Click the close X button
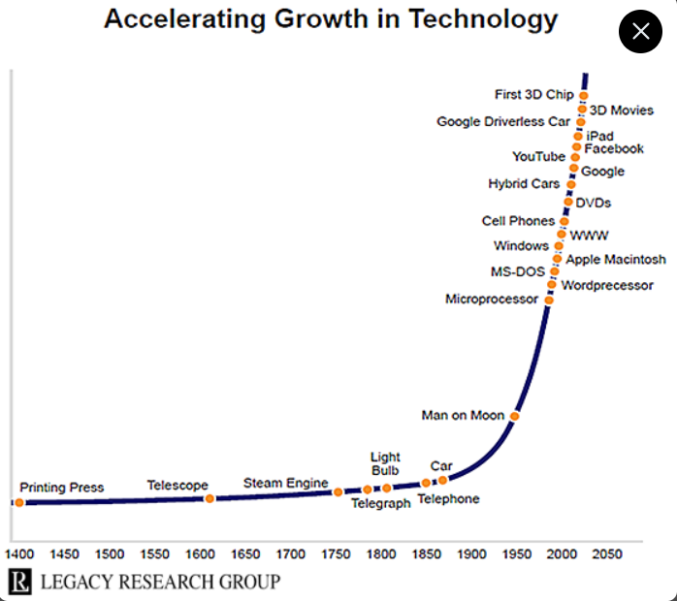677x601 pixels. coord(640,32)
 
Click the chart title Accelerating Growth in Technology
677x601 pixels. coord(331,18)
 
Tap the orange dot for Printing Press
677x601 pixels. coord(19,502)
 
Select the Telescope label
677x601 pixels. coord(177,485)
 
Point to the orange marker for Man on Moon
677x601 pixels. coord(515,416)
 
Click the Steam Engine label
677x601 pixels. coord(285,483)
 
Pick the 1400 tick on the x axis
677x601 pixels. coord(19,554)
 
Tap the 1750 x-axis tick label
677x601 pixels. coord(337,554)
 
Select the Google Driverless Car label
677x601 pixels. coord(503,122)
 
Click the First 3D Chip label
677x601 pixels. coord(534,94)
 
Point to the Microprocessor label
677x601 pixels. coord(491,300)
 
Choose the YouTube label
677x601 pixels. coord(538,157)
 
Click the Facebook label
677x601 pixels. coord(614,148)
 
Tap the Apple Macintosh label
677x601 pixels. coord(616,259)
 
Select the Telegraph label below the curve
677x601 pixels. coord(380,504)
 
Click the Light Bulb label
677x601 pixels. coord(385,463)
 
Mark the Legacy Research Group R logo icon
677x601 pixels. coord(19,582)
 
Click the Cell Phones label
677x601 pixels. coord(518,221)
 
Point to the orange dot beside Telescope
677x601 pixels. coord(210,498)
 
